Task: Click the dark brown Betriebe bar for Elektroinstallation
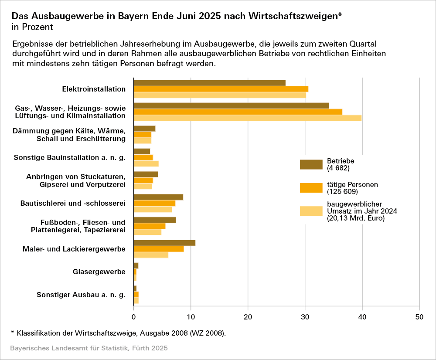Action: coord(209,83)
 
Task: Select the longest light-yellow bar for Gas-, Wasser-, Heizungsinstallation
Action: coord(247,118)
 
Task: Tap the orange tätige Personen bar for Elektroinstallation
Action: coord(221,89)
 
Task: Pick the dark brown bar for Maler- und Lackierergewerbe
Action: coord(164,243)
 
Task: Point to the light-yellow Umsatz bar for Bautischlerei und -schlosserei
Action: coord(153,209)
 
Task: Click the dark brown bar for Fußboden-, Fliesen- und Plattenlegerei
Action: coord(154,220)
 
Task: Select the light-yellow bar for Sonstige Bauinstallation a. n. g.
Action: coord(146,164)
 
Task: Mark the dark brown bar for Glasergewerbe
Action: coord(136,265)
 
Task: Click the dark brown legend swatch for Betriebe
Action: coord(311,164)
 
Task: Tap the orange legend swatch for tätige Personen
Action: coord(311,188)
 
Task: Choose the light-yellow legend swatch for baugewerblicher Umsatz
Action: coord(311,211)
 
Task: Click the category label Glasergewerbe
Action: coord(99,272)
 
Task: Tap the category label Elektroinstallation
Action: coord(94,89)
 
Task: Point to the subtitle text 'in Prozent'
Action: coord(32,27)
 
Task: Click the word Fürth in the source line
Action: coord(141,349)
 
